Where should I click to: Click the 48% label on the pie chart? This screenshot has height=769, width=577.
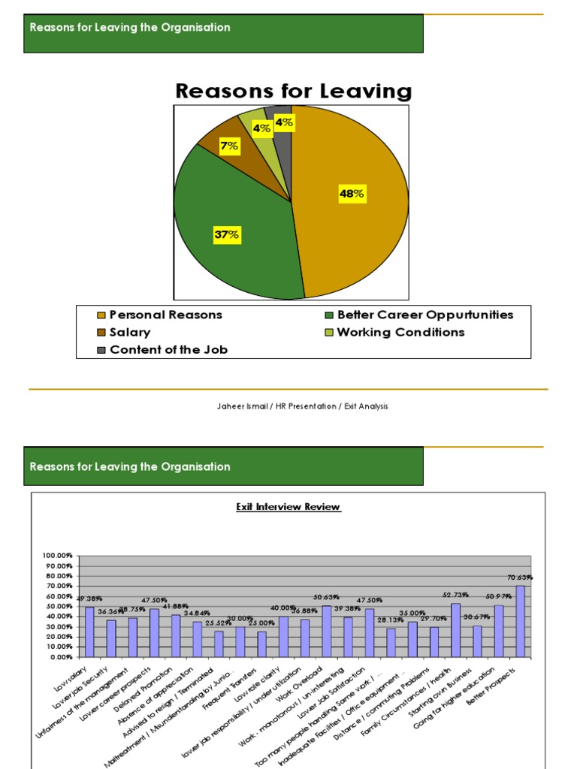tap(352, 194)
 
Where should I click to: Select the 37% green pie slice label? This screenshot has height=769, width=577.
tap(226, 235)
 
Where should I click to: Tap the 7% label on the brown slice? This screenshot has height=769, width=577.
tap(228, 146)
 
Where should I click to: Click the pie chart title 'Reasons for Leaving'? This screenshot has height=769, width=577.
tap(293, 92)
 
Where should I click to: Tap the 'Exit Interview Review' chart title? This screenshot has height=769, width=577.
tap(288, 507)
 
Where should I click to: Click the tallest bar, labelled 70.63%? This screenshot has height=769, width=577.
tap(521, 622)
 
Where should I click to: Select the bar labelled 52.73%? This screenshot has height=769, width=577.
tap(456, 630)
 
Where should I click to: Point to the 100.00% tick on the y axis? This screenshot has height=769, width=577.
tap(58, 555)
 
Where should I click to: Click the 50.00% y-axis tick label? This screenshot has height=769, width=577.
tap(59, 606)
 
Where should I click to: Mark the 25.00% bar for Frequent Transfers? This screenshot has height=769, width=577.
tap(261, 644)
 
